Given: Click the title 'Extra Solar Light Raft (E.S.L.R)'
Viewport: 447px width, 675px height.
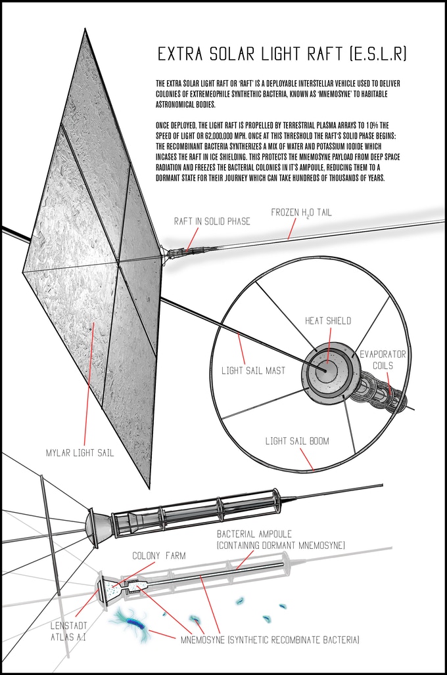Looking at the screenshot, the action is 282,54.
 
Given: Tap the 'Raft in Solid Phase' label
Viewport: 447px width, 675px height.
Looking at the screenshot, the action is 212,221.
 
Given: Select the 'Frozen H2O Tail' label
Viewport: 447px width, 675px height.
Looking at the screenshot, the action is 301,213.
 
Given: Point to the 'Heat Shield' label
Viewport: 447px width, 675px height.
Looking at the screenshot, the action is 328,320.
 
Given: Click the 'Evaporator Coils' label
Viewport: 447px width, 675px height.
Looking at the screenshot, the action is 383,360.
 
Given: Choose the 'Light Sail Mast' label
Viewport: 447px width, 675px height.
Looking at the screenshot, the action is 254,370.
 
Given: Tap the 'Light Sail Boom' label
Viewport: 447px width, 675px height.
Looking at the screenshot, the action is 297,441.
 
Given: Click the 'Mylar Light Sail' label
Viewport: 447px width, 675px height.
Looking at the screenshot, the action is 80,453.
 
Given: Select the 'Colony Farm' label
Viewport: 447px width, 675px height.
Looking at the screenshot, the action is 159,555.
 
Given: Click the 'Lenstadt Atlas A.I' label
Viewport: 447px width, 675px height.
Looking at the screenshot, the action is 69,631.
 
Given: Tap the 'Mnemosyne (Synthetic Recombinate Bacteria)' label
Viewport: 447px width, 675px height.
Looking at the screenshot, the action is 270,640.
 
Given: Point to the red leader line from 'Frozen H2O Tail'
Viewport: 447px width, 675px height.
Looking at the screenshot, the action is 292,228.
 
